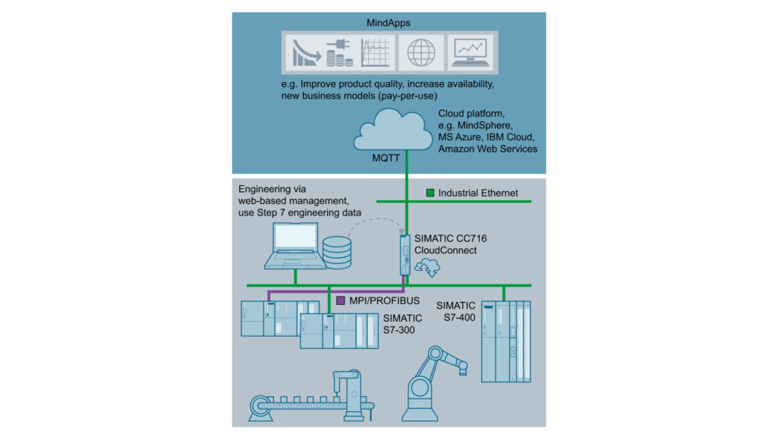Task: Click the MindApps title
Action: tap(388, 22)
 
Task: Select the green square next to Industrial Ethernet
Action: tap(430, 193)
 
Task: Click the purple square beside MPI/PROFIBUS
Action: tap(341, 300)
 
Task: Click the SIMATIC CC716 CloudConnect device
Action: tap(405, 254)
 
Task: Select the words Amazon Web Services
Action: tap(487, 149)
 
